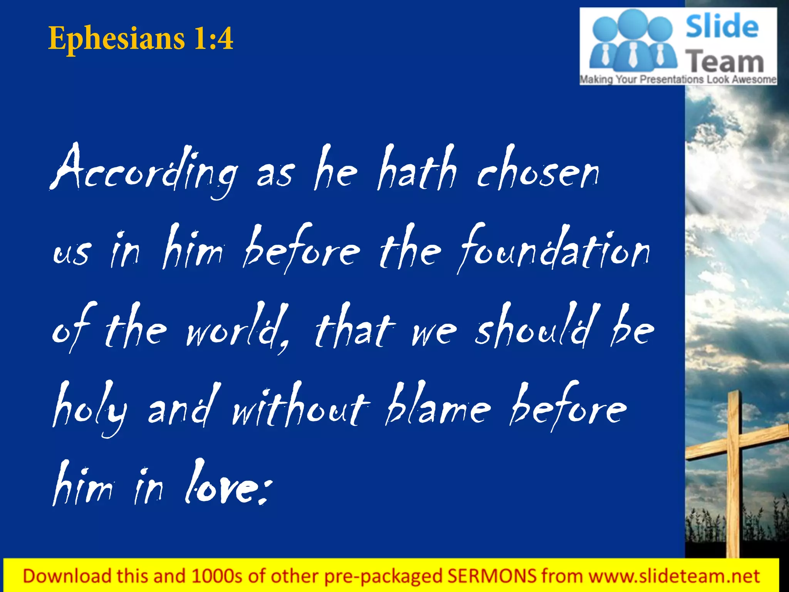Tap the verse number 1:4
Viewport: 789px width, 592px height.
point(213,38)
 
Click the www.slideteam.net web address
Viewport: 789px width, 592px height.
point(674,576)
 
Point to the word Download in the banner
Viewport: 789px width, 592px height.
point(67,576)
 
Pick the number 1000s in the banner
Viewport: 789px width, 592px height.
point(218,576)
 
